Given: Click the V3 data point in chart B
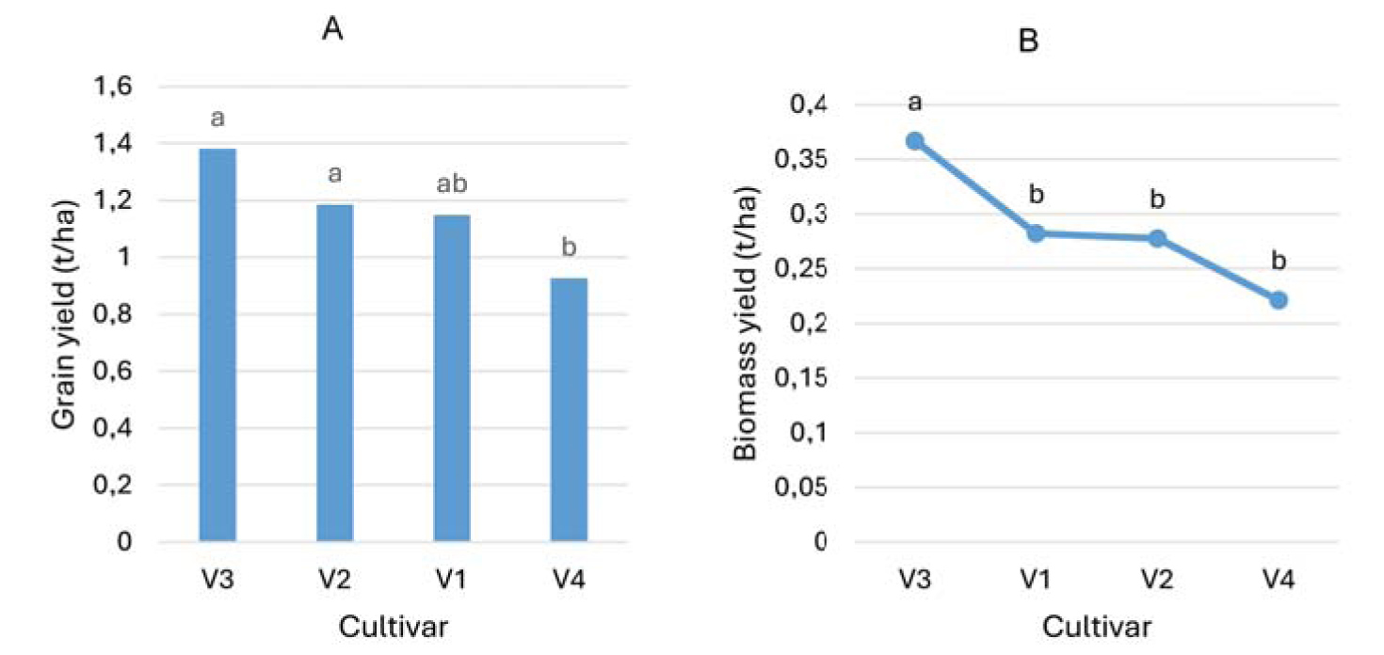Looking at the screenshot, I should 914,141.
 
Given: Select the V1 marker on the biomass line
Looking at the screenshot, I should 1036,232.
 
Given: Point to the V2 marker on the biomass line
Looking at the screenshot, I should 1157,239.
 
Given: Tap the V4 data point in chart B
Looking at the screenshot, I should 1279,299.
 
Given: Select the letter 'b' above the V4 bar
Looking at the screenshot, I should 569,248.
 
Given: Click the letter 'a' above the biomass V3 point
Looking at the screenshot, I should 914,102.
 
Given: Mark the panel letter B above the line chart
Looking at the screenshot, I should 1030,42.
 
